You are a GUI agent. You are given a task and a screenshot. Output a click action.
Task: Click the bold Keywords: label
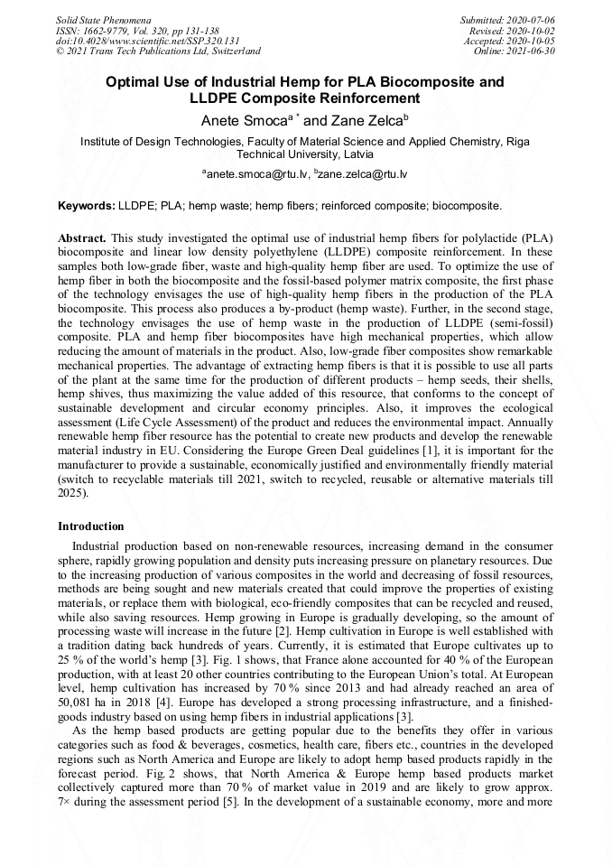pos(87,206)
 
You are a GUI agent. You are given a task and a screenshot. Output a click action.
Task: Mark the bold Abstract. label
pos(83,237)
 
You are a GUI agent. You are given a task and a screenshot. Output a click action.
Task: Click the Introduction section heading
pos(91,526)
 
